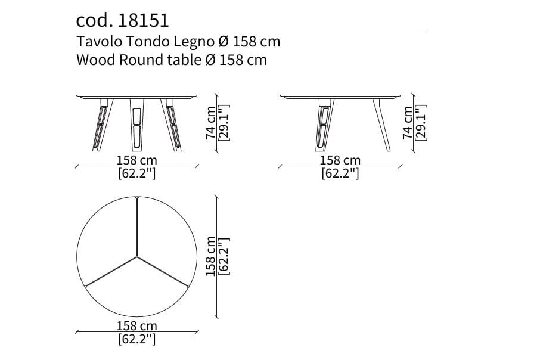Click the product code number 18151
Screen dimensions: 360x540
144,21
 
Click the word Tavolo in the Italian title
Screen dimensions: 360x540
94,42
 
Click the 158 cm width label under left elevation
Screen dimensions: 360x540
137,160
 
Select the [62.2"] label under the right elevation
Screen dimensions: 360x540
340,174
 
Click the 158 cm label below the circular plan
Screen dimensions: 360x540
137,326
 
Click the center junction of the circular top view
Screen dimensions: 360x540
137,257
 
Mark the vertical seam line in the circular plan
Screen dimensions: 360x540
137,226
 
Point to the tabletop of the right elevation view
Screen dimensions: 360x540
340,95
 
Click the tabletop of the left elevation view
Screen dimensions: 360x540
137,95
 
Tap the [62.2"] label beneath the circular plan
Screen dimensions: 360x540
137,340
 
